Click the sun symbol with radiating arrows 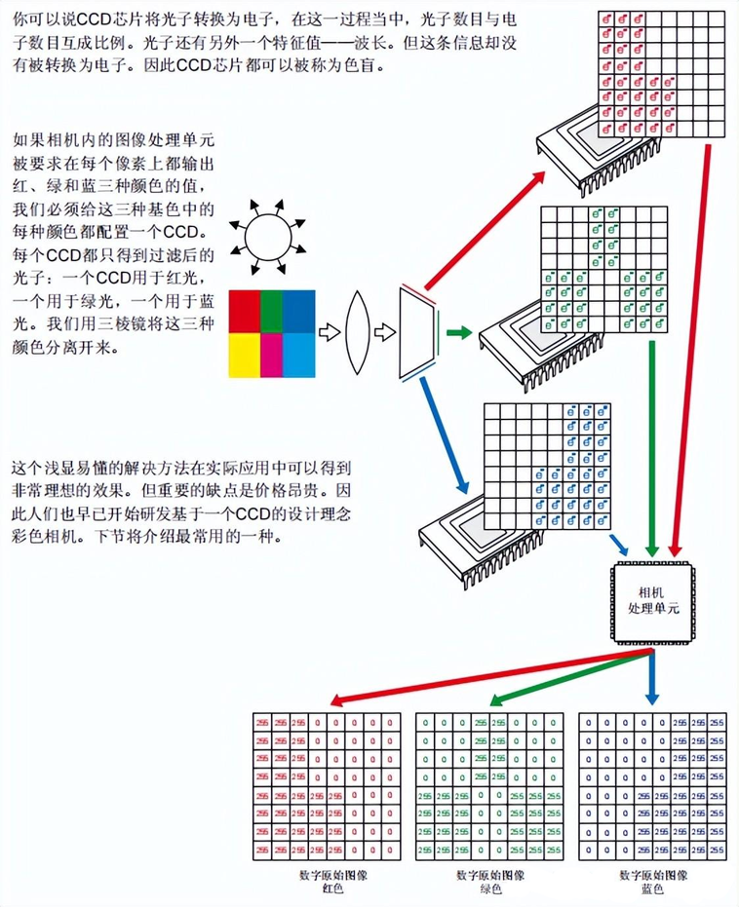(x=264, y=235)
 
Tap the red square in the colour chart (x=245, y=312)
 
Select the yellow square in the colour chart (x=245, y=356)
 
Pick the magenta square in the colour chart (x=274, y=356)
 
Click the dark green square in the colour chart (x=274, y=312)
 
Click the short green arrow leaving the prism (x=458, y=334)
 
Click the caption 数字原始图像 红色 (x=328, y=882)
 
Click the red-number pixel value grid (x=326, y=786)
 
